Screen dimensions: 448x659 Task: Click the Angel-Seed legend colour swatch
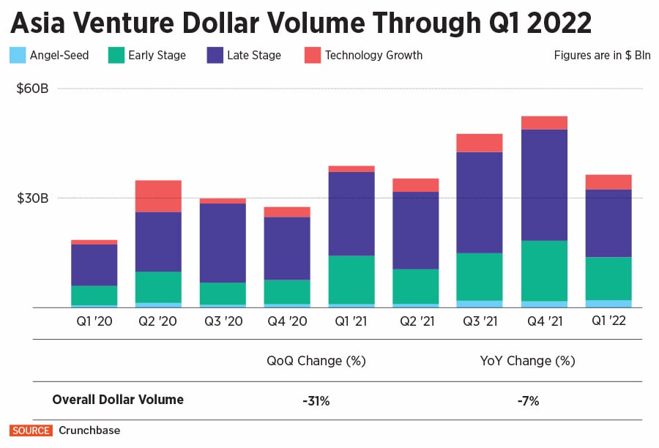[x=18, y=55]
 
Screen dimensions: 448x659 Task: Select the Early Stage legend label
[x=157, y=55]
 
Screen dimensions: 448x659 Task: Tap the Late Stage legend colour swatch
[x=215, y=55]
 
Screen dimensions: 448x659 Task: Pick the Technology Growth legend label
[x=373, y=55]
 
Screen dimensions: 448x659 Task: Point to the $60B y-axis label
[x=32, y=89]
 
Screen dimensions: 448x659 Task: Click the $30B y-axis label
[x=32, y=198]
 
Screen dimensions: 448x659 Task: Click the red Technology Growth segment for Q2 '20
[x=158, y=196]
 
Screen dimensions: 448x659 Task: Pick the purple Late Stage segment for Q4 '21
[x=544, y=184]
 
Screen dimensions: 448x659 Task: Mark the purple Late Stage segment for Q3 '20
[x=223, y=243]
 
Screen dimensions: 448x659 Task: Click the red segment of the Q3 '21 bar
[x=480, y=143]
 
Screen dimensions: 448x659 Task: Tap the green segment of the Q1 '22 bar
[x=608, y=278]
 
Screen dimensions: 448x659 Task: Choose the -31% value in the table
[x=316, y=400]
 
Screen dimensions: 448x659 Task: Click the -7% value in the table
[x=527, y=400]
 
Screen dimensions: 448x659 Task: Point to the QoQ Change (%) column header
[x=316, y=361]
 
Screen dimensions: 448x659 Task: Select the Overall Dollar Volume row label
[x=118, y=400]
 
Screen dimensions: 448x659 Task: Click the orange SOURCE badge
[x=31, y=430]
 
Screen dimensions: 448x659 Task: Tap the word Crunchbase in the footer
[x=89, y=430]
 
